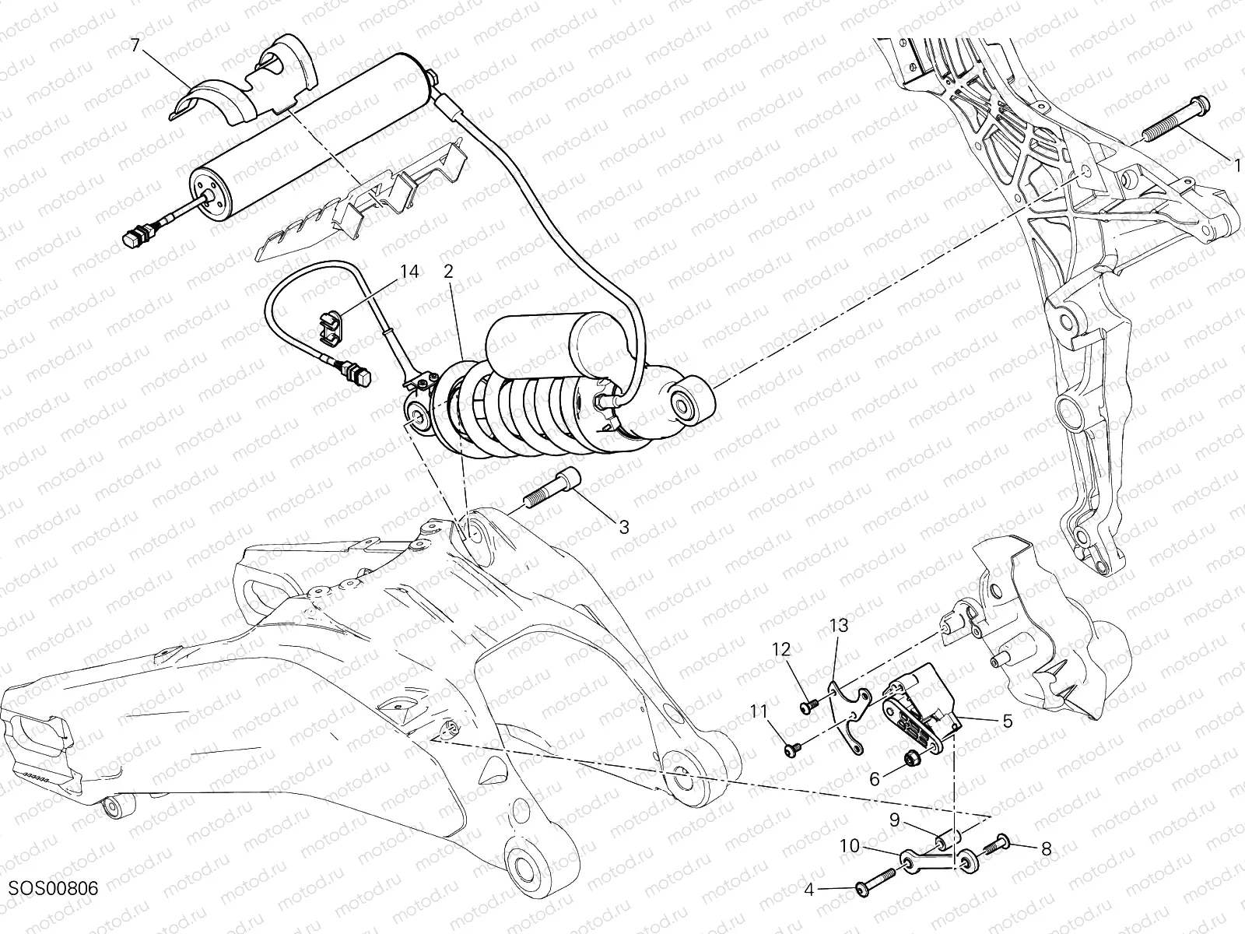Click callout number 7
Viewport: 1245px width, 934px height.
click(136, 46)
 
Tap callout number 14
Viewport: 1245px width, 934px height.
click(409, 272)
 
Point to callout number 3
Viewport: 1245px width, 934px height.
click(623, 527)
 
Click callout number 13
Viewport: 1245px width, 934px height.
click(838, 625)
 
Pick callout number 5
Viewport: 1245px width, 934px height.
click(1007, 722)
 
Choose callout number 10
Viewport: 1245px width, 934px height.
click(850, 846)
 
